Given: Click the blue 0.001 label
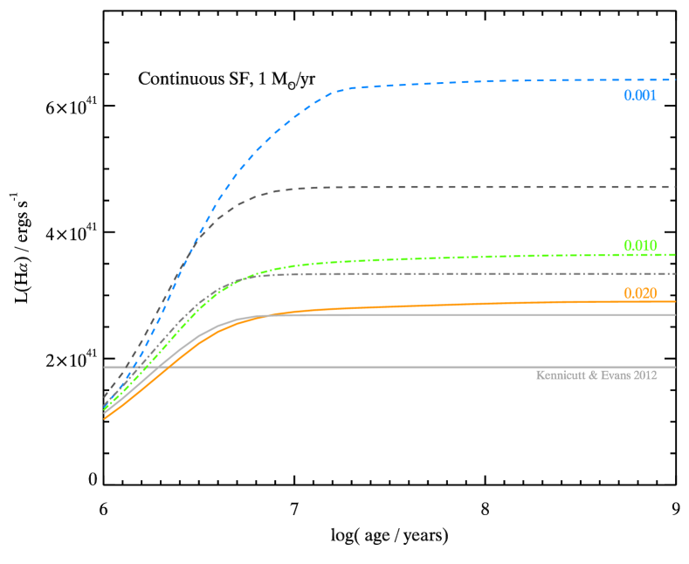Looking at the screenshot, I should point(639,96).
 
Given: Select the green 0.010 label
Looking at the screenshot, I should point(639,245).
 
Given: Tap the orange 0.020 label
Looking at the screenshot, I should point(639,293).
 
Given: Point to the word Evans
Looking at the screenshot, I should point(616,375).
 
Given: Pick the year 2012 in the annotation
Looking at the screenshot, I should point(645,375).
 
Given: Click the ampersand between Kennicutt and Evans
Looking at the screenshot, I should point(594,375).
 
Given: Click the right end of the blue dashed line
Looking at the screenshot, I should point(675,79).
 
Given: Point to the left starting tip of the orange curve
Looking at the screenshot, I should point(105,419).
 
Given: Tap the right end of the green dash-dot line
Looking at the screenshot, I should point(675,254).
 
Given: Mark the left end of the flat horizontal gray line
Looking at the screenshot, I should point(105,367).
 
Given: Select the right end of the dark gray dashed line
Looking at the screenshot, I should point(675,187).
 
